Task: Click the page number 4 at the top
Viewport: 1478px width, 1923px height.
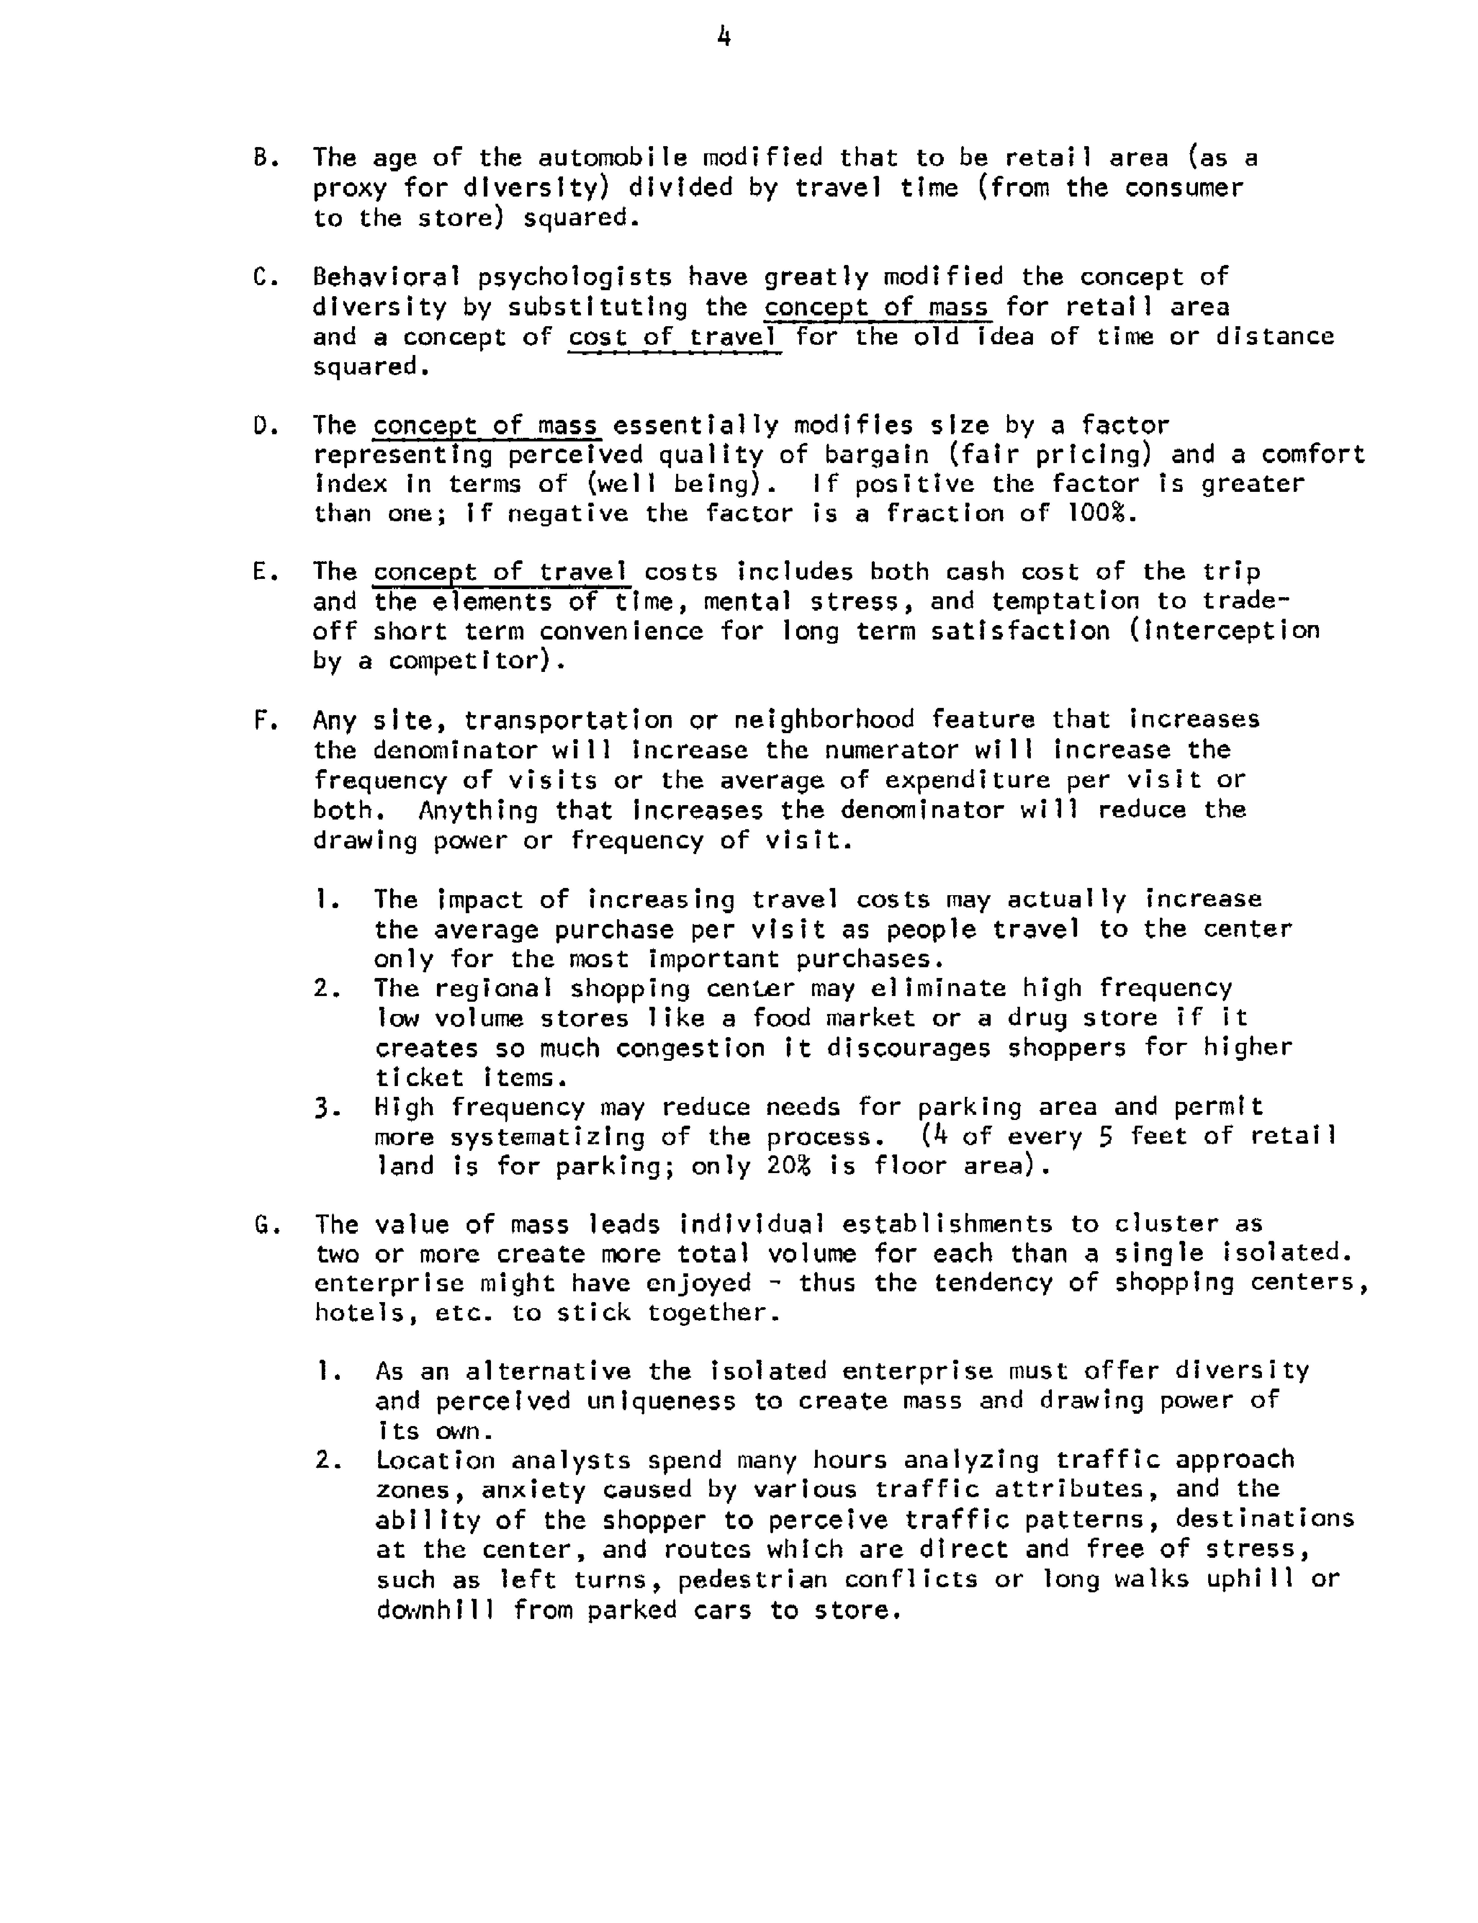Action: coord(724,37)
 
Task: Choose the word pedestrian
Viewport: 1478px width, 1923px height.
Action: coord(752,1580)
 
